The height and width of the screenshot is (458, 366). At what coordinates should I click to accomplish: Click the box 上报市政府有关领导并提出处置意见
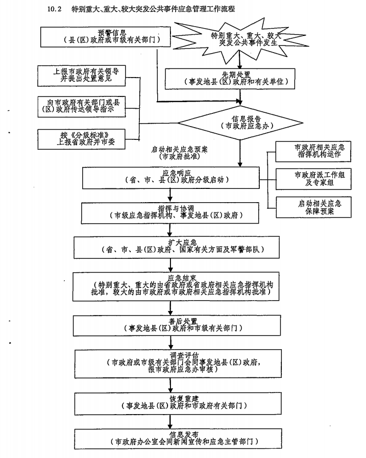(x=82, y=76)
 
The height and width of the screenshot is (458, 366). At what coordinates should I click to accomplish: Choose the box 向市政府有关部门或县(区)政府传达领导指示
(x=82, y=106)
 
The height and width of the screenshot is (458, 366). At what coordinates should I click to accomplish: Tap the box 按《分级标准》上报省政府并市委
(x=82, y=138)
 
